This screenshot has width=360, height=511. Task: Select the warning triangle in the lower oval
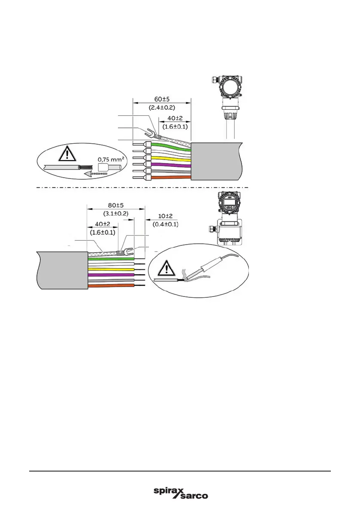coord(166,269)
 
